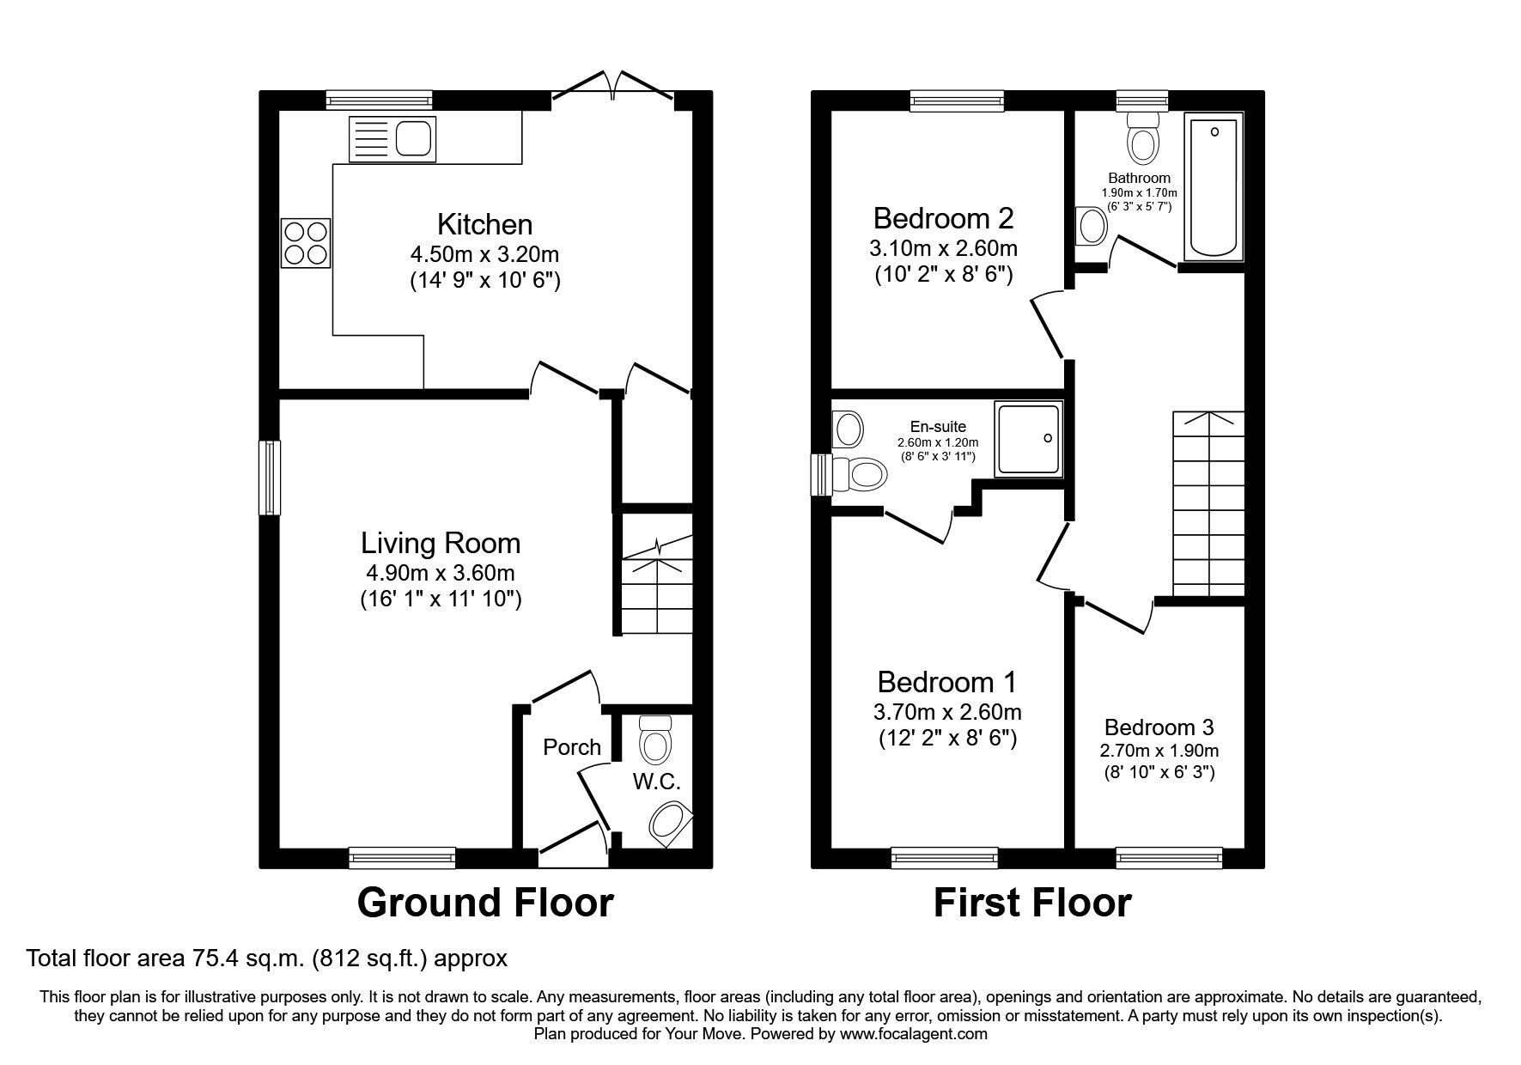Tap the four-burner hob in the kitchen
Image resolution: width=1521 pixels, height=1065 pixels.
[x=305, y=243]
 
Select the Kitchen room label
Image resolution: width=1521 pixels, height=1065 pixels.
[x=484, y=225]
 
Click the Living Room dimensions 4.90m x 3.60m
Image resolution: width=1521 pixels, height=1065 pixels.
[x=440, y=573]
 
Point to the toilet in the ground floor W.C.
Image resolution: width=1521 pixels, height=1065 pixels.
[x=655, y=741]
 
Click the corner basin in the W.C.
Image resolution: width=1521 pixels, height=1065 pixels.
[x=670, y=823]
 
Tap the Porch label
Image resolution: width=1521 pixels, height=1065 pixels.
[x=571, y=747]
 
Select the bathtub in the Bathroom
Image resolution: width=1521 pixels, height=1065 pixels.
[x=1214, y=188]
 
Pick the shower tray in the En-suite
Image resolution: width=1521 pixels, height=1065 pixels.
[x=1028, y=438]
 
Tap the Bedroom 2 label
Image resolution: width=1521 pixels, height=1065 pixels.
[x=943, y=218]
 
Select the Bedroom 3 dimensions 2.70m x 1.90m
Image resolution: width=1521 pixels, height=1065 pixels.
[x=1159, y=750]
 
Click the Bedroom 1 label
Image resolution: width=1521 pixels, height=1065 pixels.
[x=946, y=683]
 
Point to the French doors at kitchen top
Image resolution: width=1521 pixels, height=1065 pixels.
[x=613, y=88]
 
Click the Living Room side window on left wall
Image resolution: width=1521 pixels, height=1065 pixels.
[x=270, y=478]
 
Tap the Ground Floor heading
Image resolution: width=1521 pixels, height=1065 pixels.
[x=485, y=903]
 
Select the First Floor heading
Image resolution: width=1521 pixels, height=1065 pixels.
[x=1032, y=903]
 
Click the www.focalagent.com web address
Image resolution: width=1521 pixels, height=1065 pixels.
[x=913, y=1034]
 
